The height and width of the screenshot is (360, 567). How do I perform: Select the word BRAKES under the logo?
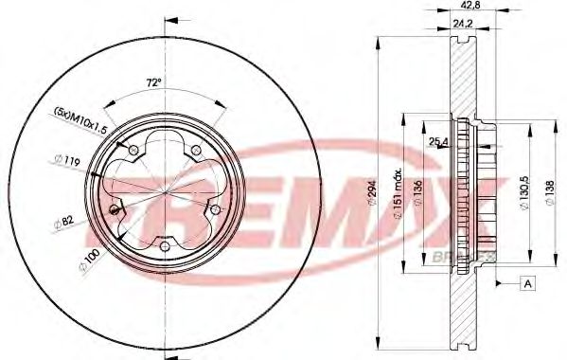tap(481, 258)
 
